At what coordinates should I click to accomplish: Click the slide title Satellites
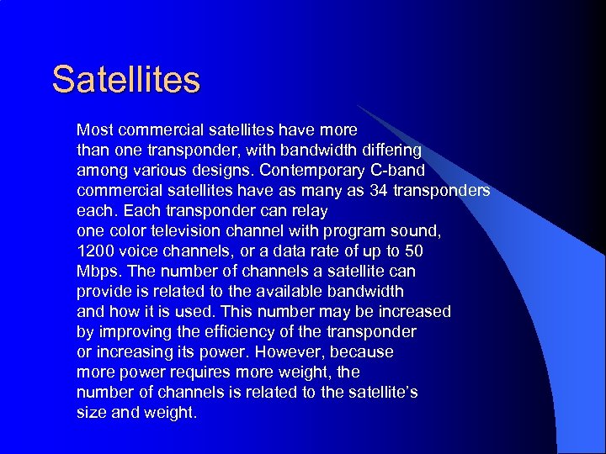[125, 80]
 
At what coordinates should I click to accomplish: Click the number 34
[380, 191]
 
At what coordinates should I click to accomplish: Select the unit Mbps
[97, 272]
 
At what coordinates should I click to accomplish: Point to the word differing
[391, 150]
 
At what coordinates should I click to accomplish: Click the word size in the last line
[90, 413]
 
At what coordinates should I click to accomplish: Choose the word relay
[309, 211]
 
